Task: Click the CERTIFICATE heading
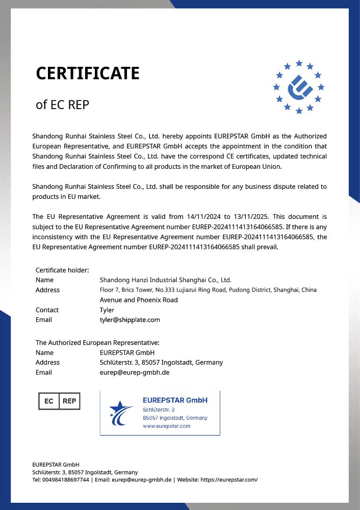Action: coord(87,73)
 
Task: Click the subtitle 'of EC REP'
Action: coord(62,105)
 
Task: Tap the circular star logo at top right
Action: coord(299,87)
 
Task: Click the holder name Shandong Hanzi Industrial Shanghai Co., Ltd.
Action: coord(165,280)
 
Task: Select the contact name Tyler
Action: coord(107,310)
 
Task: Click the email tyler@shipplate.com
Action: coord(130,320)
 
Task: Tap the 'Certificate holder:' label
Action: coord(62,270)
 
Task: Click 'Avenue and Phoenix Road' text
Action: coord(139,300)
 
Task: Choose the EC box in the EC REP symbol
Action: coord(49,401)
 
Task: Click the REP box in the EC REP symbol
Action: coord(69,401)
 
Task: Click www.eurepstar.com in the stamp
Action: coord(166,426)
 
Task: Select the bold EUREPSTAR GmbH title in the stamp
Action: coord(175,400)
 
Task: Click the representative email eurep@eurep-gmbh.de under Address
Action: coord(134,372)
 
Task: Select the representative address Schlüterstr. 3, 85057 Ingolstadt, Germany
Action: coord(161,363)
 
